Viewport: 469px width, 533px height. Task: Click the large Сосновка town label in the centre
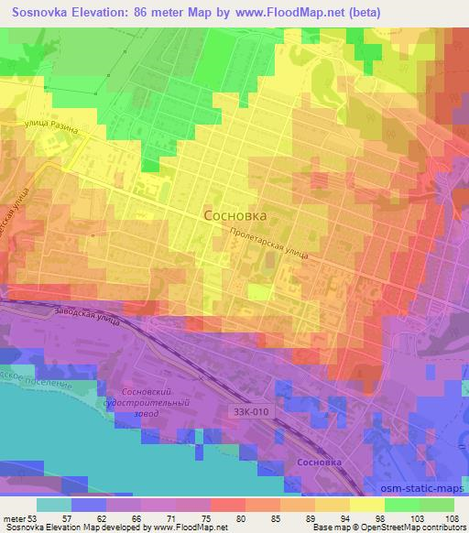click(234, 216)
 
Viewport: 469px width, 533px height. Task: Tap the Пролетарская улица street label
click(269, 245)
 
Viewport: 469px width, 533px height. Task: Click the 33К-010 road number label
click(251, 411)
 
